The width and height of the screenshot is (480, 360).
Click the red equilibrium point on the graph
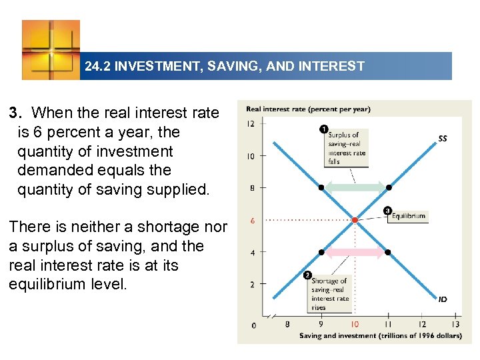coord(355,219)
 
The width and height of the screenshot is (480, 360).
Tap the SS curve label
coord(443,139)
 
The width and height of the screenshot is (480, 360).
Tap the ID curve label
coord(443,299)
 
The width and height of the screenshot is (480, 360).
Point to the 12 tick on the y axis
coord(251,124)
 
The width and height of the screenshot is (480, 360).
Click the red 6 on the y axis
coord(251,220)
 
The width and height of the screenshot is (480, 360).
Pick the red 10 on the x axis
coord(354,324)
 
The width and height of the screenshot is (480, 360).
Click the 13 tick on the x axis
coord(455,324)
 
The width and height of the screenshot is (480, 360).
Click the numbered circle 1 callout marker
coord(323,129)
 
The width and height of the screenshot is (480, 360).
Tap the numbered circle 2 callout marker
coord(307,275)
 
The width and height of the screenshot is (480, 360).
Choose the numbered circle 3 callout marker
coord(388,211)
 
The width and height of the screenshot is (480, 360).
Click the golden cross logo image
coord(51,50)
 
